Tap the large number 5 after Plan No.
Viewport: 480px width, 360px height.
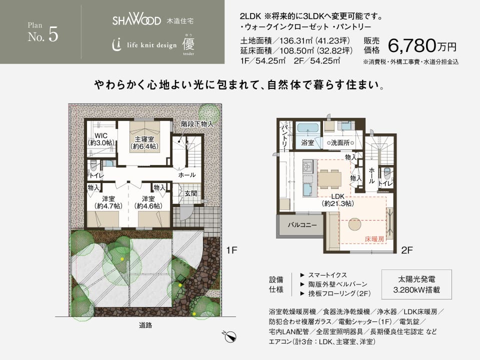click(x=53, y=36)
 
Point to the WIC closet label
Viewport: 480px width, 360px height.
click(x=101, y=139)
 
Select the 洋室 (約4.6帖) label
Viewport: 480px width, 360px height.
click(x=148, y=202)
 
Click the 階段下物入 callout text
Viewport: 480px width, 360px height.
click(x=196, y=123)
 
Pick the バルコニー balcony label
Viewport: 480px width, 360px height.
click(x=301, y=225)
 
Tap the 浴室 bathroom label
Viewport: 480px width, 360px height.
click(x=307, y=143)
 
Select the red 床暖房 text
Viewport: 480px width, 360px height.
click(x=374, y=239)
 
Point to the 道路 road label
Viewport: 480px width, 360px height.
click(x=145, y=325)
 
